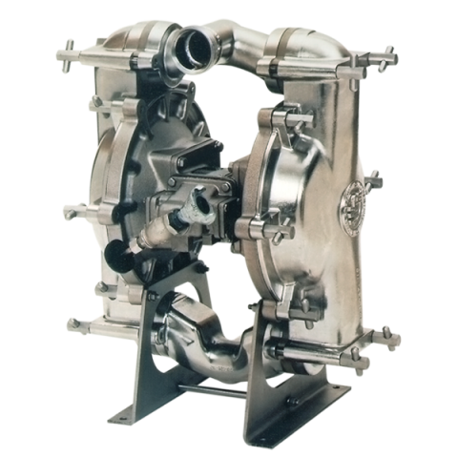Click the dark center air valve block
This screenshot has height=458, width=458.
tap(196, 181)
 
